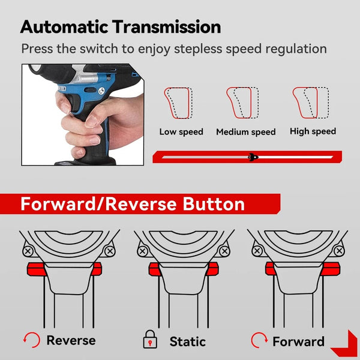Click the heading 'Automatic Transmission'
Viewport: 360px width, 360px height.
tap(121, 26)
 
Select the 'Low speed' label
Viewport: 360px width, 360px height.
tap(181, 131)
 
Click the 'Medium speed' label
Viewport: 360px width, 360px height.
tap(246, 132)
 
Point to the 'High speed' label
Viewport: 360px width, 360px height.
tap(313, 131)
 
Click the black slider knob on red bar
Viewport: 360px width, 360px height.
tap(253, 157)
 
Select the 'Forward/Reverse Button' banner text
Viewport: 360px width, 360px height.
tap(133, 204)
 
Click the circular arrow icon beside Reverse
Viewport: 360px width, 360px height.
tap(31, 341)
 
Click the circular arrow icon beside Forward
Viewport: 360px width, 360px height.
tap(259, 341)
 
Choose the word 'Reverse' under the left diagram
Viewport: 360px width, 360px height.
tap(71, 341)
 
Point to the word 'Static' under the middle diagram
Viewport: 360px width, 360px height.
tap(187, 341)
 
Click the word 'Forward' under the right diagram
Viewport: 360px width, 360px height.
tap(298, 341)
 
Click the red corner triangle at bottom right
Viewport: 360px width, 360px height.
tap(345, 345)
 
